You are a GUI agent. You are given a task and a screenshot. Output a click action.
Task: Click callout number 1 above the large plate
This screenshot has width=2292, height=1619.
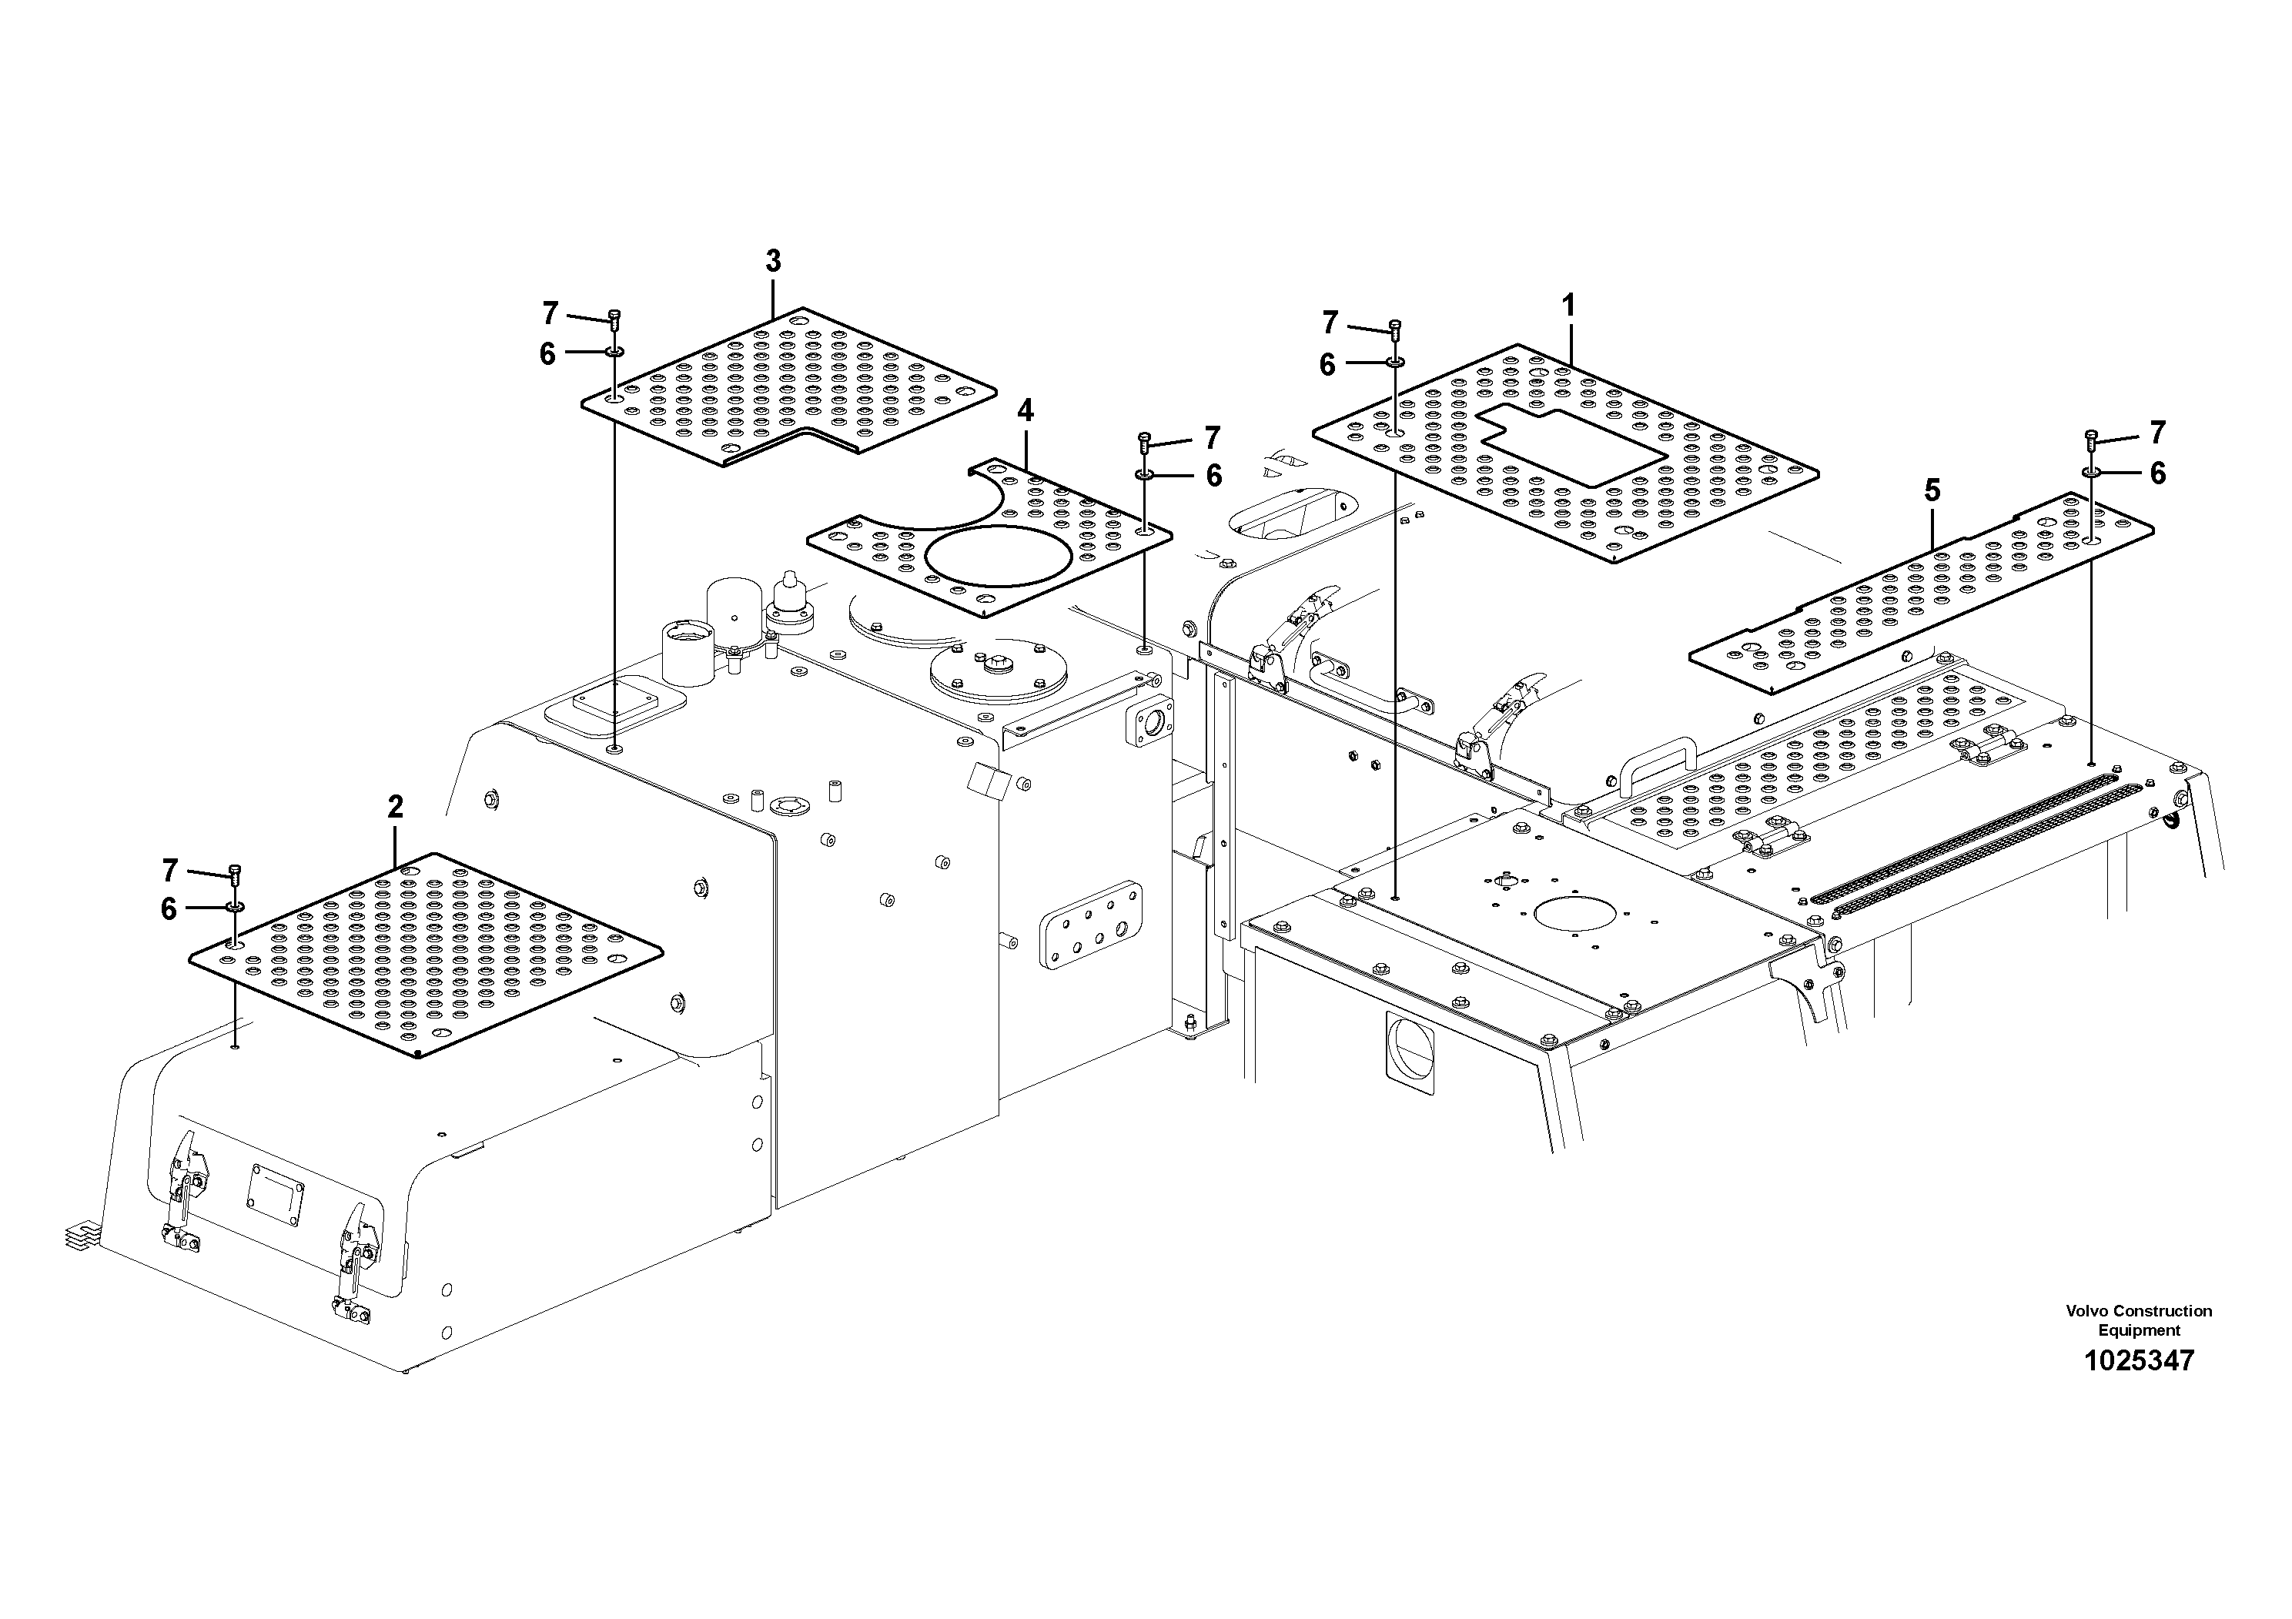1568,306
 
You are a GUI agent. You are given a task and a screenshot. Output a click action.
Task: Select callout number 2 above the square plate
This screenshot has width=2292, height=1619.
395,807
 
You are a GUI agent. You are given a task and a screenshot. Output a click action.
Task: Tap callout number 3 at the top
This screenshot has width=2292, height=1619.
773,262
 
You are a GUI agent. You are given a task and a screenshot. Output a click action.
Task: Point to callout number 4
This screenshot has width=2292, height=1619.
1026,410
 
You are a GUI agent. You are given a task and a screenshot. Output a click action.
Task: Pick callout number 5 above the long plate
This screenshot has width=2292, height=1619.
1932,490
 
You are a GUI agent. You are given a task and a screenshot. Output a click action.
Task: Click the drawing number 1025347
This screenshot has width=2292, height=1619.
2138,1360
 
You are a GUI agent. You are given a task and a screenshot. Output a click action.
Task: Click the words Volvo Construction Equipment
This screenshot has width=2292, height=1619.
2138,1320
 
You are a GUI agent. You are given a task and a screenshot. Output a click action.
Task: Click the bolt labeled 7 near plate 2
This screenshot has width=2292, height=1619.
236,875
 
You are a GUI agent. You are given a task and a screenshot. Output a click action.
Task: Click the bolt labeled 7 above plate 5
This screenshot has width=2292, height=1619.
2091,437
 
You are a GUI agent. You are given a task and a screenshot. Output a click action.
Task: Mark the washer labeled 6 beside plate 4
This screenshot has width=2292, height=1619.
1145,474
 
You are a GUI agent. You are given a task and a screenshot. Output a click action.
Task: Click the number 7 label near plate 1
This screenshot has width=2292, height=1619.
1330,323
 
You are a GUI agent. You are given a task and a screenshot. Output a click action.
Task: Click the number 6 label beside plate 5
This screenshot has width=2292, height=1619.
2157,473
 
